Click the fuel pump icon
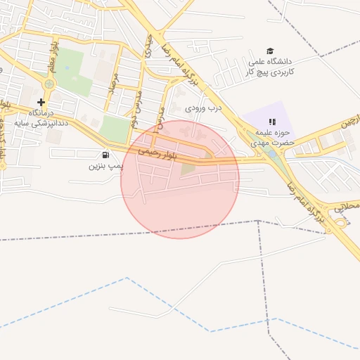[105, 155]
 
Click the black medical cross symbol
[41, 102]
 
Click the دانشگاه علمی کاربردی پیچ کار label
[271, 67]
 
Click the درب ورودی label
[203, 108]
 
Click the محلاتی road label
[346, 207]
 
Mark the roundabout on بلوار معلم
[49, 84]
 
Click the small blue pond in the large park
[67, 69]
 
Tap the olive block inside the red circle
[187, 168]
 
